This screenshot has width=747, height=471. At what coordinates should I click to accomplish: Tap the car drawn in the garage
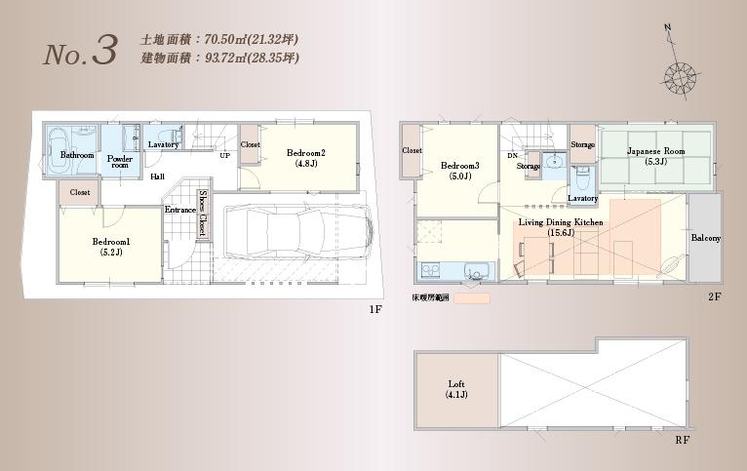coord(296,234)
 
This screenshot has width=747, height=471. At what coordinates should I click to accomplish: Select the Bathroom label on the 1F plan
coord(77,156)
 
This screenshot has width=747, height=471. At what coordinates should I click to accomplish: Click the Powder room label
coord(120,162)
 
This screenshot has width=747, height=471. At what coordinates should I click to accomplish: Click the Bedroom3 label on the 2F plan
coord(455,170)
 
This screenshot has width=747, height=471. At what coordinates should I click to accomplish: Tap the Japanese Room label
coord(653,156)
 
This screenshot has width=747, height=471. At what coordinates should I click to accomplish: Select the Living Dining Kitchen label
coord(561,226)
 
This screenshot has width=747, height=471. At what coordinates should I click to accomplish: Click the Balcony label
coord(706,238)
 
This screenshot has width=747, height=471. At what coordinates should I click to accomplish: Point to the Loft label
coord(456,388)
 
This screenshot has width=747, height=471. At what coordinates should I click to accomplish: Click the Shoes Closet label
coord(203,214)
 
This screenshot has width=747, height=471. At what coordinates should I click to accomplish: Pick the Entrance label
coord(179,210)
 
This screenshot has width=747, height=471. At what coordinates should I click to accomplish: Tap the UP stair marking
coord(225,156)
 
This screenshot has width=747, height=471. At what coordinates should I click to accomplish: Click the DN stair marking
coord(512,156)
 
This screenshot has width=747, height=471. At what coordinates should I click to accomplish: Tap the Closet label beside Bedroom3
coord(412,151)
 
